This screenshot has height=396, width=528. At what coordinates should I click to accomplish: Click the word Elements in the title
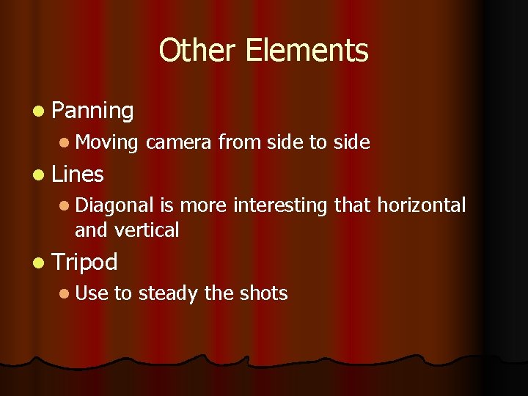307,51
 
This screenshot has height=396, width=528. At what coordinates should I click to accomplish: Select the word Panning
93,111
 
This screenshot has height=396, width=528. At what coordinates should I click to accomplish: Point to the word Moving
107,142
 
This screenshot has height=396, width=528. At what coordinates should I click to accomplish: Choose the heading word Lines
78,175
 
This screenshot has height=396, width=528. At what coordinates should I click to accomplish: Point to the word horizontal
421,205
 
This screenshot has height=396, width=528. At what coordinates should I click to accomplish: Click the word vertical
147,230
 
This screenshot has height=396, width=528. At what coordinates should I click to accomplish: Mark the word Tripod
85,262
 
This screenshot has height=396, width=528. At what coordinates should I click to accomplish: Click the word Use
91,293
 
